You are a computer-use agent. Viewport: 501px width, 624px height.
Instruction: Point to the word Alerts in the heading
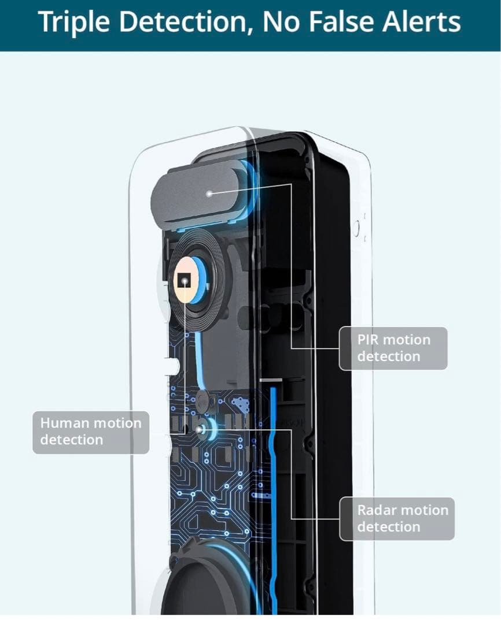(421, 23)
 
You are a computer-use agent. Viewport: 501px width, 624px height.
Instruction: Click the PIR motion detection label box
(393, 348)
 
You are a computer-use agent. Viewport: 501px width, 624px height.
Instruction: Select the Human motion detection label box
(90, 432)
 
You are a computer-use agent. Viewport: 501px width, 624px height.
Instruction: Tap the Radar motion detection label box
(396, 518)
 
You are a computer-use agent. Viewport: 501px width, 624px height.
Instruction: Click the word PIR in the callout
(368, 340)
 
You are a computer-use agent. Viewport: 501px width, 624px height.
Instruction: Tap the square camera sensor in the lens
(185, 281)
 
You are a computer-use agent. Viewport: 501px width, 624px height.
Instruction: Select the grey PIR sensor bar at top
(197, 194)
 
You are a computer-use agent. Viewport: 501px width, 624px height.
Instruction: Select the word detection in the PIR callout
(388, 356)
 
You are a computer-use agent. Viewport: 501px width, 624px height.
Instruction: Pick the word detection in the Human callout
(71, 440)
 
